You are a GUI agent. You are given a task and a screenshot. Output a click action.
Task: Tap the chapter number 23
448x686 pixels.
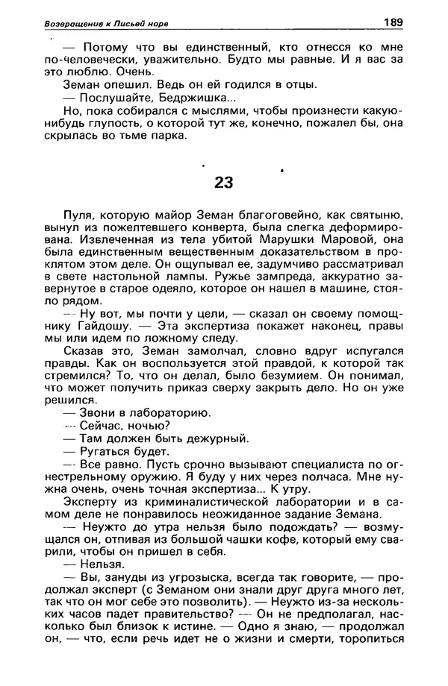tap(223, 182)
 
